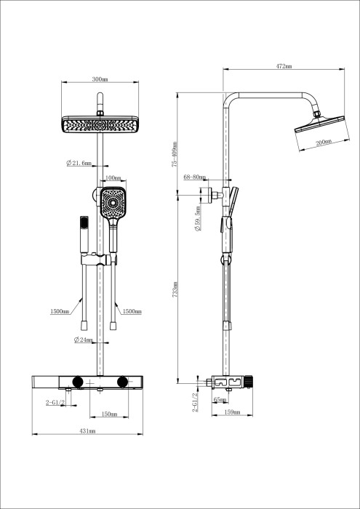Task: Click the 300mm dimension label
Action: [x=100, y=79]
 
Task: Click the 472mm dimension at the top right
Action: [x=284, y=66]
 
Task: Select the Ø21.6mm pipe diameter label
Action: [x=79, y=164]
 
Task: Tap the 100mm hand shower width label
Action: [x=113, y=177]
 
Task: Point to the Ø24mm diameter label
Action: [x=84, y=340]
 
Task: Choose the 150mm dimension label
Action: [x=108, y=414]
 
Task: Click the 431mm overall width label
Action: [x=87, y=431]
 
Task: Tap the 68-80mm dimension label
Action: [x=195, y=177]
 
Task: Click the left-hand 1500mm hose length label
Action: [x=60, y=310]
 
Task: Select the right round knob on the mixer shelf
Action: [x=121, y=382]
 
